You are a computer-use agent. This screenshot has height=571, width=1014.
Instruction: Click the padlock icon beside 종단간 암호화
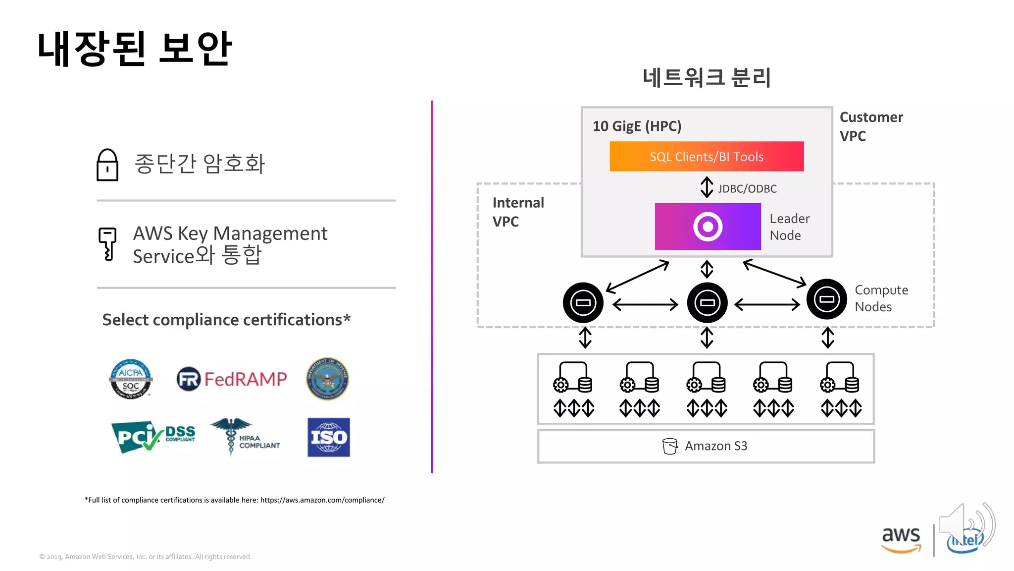point(107,165)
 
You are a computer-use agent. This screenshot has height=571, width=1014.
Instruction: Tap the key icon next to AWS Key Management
point(107,243)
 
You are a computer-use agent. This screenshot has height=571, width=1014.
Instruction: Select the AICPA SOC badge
point(131,379)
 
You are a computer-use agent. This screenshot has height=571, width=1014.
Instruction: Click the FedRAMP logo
point(232,379)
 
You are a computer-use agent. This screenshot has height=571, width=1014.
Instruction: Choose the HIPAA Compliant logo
point(245,436)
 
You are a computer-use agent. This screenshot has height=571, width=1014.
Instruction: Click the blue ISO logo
point(328,437)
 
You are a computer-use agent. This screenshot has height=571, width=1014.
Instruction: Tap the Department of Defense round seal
point(327,379)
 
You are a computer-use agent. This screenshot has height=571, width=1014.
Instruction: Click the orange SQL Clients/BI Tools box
point(707,157)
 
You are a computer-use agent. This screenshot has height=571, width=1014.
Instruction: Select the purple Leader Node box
point(708,227)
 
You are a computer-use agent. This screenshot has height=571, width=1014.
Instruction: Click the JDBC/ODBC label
point(747,189)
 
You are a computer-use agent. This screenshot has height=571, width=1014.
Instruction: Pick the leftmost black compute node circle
point(583,302)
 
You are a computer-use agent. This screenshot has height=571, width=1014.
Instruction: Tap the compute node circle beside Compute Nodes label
point(826,299)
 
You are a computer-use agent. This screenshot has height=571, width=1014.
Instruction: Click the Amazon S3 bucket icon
point(669,446)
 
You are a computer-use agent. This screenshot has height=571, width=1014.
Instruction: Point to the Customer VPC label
point(871,126)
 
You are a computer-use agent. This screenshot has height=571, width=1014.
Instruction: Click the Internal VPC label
point(518,212)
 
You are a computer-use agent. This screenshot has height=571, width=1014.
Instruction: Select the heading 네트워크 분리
point(707,78)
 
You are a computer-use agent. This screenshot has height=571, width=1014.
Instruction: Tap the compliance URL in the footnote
point(322,500)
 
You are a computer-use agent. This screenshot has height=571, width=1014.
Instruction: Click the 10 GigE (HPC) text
point(637,126)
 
